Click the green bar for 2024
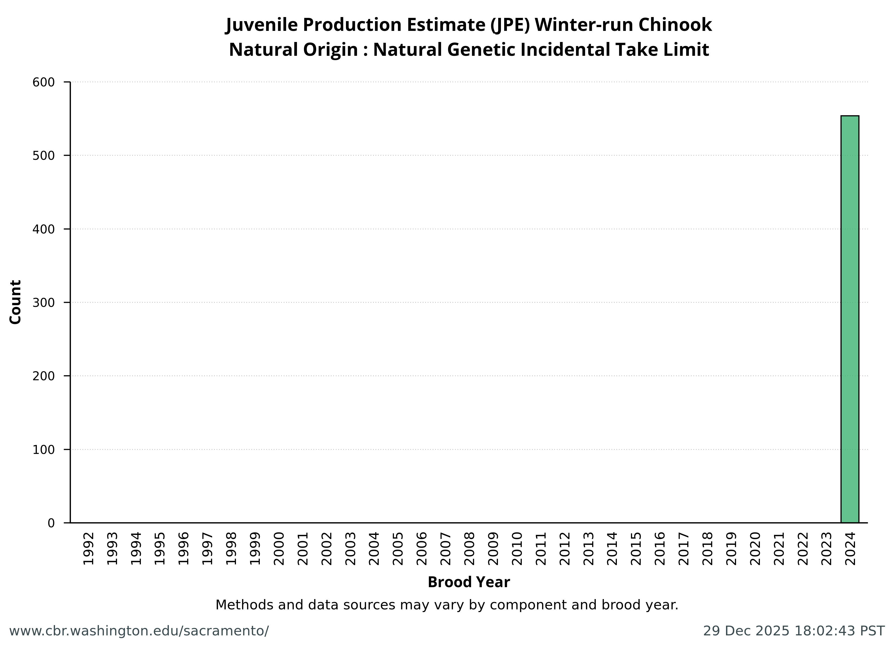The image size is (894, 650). click(850, 319)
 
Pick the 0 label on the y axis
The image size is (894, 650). click(51, 523)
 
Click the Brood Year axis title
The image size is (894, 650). click(469, 582)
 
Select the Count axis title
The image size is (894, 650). click(15, 302)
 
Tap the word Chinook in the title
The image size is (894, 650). click(675, 25)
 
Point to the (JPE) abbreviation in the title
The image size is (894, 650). click(510, 25)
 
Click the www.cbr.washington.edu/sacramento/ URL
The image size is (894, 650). click(139, 631)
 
